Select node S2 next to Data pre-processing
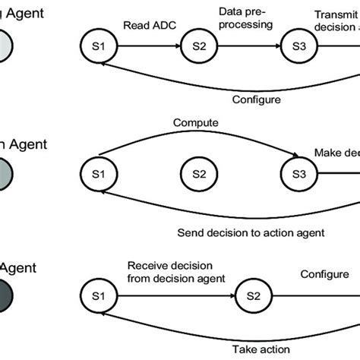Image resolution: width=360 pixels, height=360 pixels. coord(198,46)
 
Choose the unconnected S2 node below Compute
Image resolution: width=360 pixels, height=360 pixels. coord(198,174)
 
